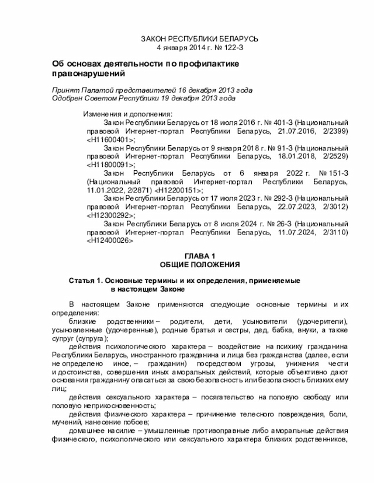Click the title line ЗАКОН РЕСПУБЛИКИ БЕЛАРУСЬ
pos(200,38)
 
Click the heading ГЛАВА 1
pos(200,257)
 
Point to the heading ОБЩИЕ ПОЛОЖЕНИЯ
pos(200,265)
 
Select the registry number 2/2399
pos(335,132)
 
